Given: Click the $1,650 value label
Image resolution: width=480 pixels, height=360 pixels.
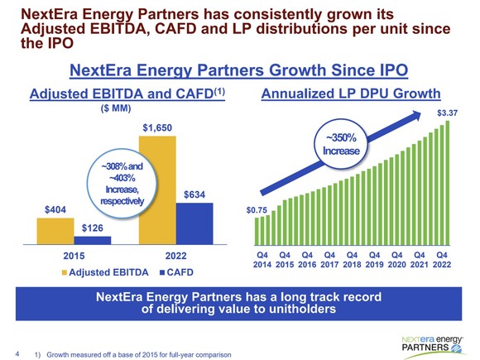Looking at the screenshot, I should [158, 128].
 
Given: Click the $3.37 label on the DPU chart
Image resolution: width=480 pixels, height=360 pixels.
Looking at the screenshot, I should [447, 112].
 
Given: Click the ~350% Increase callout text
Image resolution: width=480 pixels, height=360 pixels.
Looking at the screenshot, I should [341, 144].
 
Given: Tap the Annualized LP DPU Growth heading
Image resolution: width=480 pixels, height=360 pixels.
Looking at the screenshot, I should [351, 94].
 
